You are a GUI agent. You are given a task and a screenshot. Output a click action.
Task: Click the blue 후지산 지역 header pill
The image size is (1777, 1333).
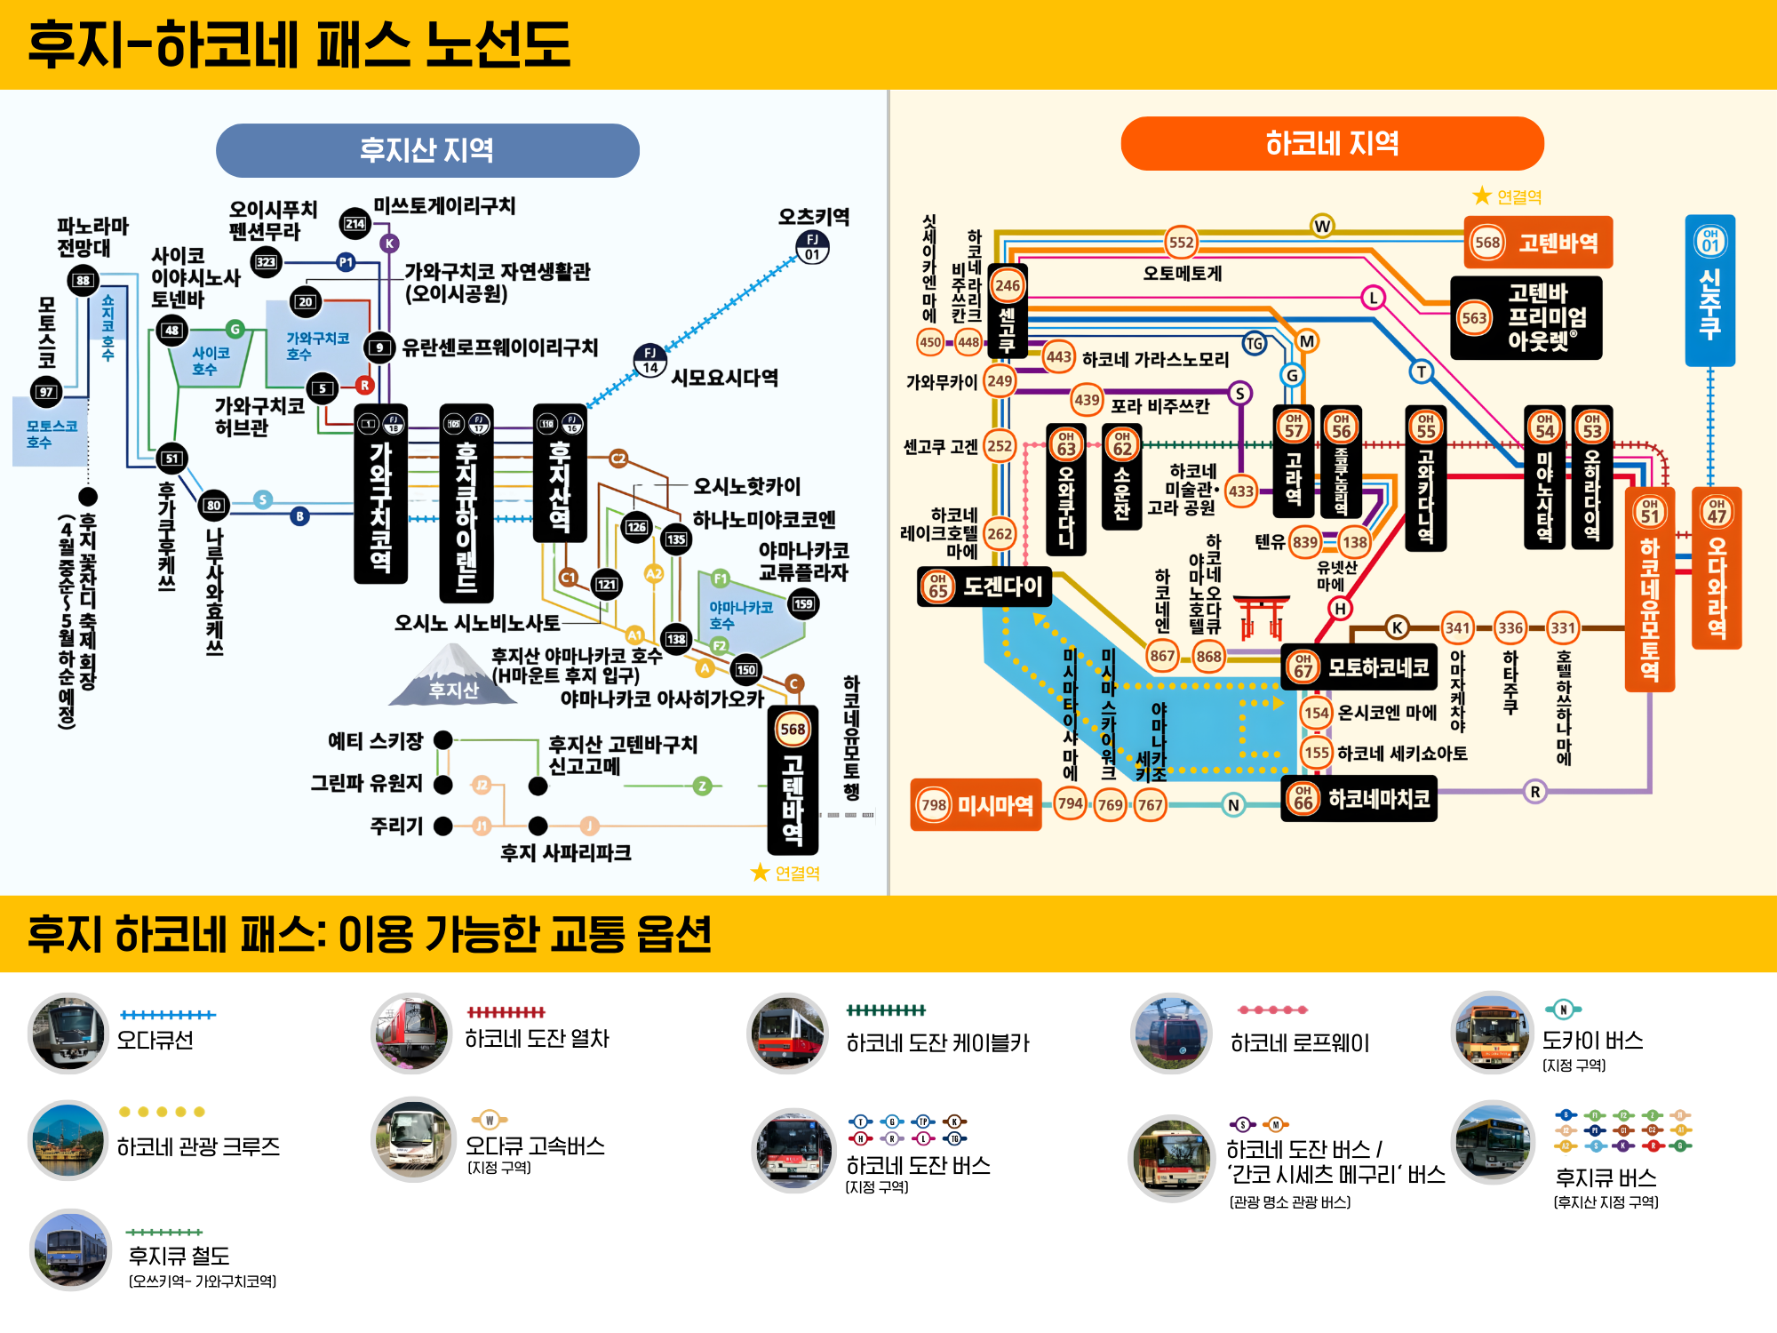point(427,150)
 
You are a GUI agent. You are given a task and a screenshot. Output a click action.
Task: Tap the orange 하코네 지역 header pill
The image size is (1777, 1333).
point(1332,143)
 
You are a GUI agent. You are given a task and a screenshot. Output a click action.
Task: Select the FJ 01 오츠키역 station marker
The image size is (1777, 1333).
point(812,246)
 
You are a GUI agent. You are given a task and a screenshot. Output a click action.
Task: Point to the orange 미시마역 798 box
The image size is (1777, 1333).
point(976,805)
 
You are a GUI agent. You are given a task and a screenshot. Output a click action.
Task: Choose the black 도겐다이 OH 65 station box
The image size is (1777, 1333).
point(984,587)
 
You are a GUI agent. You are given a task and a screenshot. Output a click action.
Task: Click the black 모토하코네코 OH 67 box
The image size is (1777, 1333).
point(1360,666)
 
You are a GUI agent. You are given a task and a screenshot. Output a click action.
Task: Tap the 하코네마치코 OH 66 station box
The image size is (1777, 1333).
point(1359,798)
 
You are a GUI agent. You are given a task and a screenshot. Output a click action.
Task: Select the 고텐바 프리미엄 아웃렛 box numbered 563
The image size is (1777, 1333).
point(1526,317)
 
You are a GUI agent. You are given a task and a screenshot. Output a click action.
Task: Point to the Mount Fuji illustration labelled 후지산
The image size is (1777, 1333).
point(454,674)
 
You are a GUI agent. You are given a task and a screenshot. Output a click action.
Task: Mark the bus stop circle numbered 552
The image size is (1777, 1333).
point(1181,242)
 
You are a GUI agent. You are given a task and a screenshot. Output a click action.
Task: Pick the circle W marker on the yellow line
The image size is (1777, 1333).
point(1322,226)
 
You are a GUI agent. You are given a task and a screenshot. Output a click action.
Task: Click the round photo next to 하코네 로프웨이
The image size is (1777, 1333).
point(1171,1034)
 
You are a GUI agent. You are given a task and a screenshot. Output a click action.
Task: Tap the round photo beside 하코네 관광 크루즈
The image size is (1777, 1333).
point(68,1140)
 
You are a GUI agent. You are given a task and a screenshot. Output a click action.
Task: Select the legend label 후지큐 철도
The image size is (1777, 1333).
point(179,1255)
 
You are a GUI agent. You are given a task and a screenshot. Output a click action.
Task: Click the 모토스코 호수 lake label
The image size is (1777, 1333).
point(51,434)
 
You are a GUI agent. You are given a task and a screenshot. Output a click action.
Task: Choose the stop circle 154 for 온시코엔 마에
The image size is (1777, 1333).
point(1316,713)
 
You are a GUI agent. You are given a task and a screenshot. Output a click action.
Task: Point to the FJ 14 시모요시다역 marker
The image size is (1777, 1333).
point(650,360)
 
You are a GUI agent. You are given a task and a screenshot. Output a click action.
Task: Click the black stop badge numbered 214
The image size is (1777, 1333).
point(355,224)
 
